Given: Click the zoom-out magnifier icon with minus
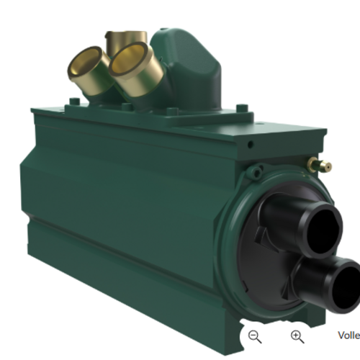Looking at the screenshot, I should tap(254, 336).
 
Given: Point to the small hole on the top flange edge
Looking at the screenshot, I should tap(249, 144).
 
